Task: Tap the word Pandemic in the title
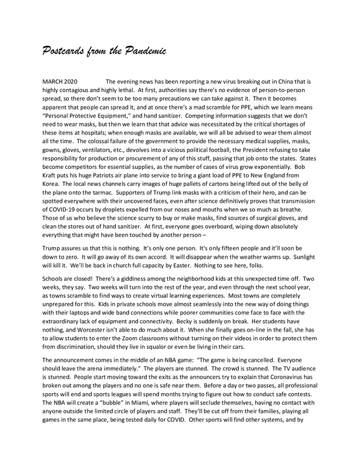click(x=145, y=51)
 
